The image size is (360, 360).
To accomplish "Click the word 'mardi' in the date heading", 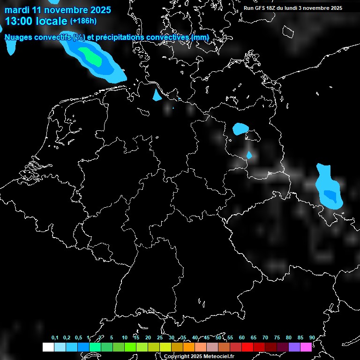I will pyautogui.click(x=17, y=9).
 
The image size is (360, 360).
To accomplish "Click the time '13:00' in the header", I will pyautogui.click(x=19, y=21).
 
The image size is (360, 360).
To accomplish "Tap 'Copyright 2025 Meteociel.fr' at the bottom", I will pyautogui.click(x=199, y=356).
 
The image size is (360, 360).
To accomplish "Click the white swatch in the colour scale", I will pyautogui.click(x=48, y=347).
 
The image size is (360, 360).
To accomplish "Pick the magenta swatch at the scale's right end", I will pyautogui.click(x=306, y=347).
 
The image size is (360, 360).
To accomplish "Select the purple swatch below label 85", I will pyautogui.click(x=294, y=347).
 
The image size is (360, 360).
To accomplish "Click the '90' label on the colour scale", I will pyautogui.click(x=312, y=337).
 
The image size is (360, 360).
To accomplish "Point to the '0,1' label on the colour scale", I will pyautogui.click(x=55, y=337).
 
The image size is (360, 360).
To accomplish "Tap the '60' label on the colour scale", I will pyautogui.click(x=242, y=337).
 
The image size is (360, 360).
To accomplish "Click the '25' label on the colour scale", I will pyautogui.click(x=160, y=337).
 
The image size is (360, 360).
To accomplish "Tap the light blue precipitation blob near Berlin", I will pyautogui.click(x=241, y=128).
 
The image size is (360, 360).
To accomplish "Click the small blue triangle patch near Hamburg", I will pyautogui.click(x=157, y=96).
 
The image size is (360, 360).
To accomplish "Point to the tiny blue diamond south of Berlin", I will pyautogui.click(x=249, y=154).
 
